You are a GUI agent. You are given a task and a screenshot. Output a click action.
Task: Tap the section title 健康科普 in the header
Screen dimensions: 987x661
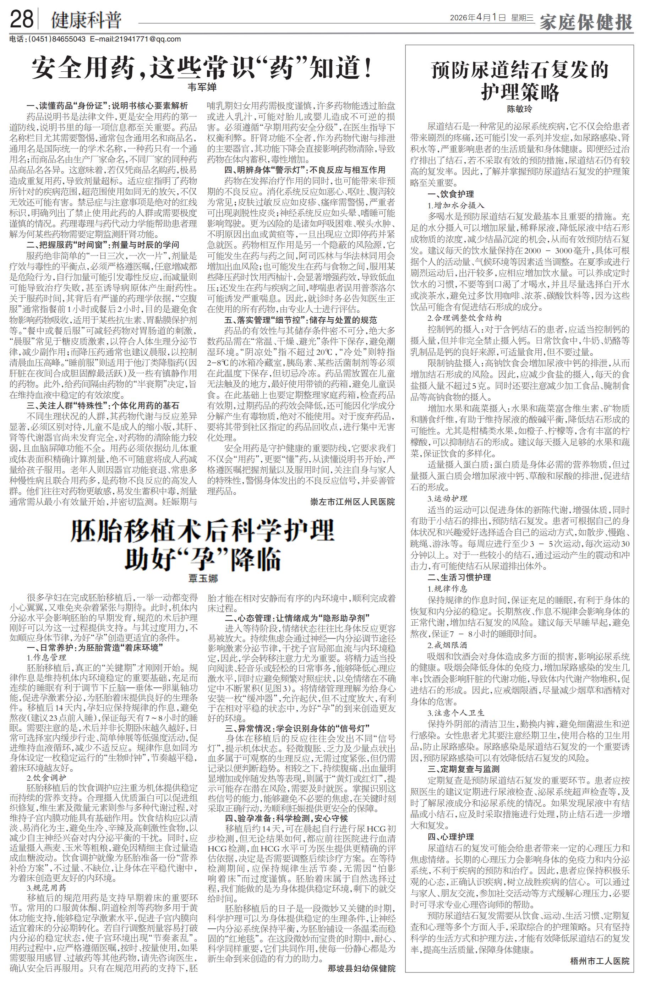point(86,20)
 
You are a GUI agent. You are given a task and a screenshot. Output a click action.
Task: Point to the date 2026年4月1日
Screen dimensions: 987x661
point(477,18)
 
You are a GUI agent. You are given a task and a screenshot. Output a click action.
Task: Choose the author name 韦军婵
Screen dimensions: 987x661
point(202,87)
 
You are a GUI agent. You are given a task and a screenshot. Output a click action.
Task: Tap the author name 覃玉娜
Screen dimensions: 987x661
point(203,579)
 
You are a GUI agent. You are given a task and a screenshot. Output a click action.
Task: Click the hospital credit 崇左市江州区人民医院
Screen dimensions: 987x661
point(353,501)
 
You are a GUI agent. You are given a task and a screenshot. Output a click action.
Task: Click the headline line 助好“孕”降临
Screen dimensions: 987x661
point(202,558)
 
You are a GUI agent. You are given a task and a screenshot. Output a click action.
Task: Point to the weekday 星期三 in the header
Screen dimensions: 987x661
point(522,18)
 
